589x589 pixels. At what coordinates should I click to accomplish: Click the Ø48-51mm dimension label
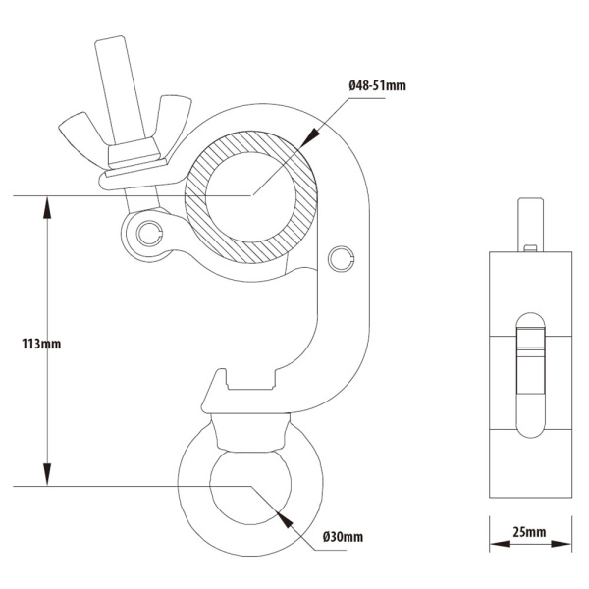click(377, 86)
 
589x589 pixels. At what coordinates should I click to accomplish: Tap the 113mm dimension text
click(41, 345)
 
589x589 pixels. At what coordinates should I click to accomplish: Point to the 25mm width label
click(529, 533)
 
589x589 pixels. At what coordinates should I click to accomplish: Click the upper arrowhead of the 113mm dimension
click(46, 203)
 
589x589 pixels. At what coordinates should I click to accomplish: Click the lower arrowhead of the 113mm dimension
click(46, 478)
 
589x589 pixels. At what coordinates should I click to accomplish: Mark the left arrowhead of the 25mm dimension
click(496, 548)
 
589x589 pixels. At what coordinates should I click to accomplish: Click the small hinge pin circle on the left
click(149, 233)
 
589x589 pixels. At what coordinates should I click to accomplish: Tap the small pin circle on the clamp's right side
click(341, 257)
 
